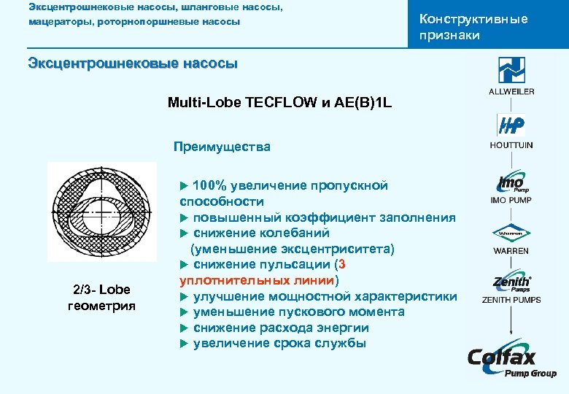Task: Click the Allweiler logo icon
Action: click(x=511, y=71)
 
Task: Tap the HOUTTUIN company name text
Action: click(x=511, y=145)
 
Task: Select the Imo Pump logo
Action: click(x=511, y=182)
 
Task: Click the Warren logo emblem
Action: click(x=511, y=235)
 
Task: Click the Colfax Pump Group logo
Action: click(x=511, y=360)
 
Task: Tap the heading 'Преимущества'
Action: click(x=222, y=147)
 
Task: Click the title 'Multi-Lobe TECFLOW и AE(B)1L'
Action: click(x=279, y=103)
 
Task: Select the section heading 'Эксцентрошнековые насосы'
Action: click(x=133, y=63)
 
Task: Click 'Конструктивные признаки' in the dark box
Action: click(x=473, y=27)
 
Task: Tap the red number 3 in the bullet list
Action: click(x=342, y=264)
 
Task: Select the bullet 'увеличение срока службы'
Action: click(x=279, y=344)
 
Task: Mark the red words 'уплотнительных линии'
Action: click(x=257, y=280)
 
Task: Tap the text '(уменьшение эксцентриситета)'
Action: click(x=293, y=249)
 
